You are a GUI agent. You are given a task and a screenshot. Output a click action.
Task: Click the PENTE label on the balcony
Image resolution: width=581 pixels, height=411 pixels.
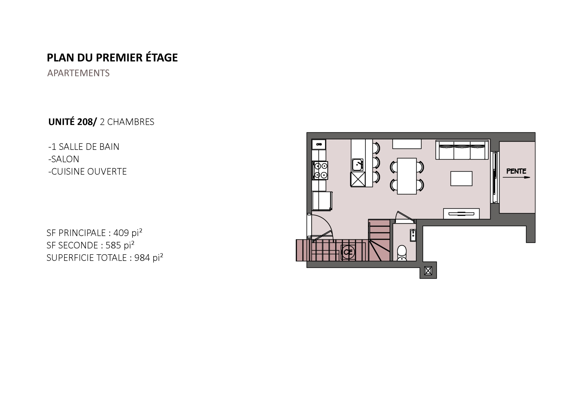point(516,171)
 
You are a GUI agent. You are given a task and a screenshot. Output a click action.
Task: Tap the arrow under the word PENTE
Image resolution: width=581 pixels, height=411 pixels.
point(516,177)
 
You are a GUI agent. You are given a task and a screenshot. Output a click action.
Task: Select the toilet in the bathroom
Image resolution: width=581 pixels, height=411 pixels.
point(402,253)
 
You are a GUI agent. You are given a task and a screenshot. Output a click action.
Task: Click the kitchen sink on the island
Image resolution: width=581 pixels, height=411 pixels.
point(357,165)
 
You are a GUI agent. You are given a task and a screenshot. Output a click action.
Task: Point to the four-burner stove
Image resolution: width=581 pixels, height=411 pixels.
point(320,170)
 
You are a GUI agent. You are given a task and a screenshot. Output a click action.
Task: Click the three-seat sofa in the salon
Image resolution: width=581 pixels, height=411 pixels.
point(462,150)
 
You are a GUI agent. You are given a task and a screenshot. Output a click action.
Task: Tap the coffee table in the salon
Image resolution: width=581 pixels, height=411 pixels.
point(461,178)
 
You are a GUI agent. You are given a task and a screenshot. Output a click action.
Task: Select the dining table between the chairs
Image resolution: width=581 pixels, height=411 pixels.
point(407,176)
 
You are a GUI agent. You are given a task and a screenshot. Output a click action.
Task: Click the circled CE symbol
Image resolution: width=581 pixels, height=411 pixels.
point(348,252)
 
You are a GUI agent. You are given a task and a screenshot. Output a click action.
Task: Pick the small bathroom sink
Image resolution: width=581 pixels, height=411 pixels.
point(413,235)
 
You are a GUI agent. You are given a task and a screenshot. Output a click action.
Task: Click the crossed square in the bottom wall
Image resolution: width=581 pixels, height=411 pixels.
point(428,271)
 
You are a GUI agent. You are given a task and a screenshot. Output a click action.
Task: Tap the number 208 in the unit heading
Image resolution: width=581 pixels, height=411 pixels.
point(85,122)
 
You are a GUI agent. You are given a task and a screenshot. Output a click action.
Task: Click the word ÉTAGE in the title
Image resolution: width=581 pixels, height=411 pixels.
point(162,57)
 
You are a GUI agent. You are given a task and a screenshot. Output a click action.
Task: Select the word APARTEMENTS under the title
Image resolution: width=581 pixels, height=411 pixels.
point(79,73)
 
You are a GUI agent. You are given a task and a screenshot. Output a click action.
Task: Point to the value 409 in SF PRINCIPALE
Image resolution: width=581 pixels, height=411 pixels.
point(121,233)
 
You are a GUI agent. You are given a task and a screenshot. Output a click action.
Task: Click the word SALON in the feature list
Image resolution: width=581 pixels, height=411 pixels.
point(65,159)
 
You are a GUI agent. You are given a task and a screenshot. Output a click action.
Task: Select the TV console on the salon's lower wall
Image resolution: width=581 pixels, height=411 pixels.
point(461,214)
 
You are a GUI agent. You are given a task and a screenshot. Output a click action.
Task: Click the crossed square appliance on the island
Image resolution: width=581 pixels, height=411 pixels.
point(358,179)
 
